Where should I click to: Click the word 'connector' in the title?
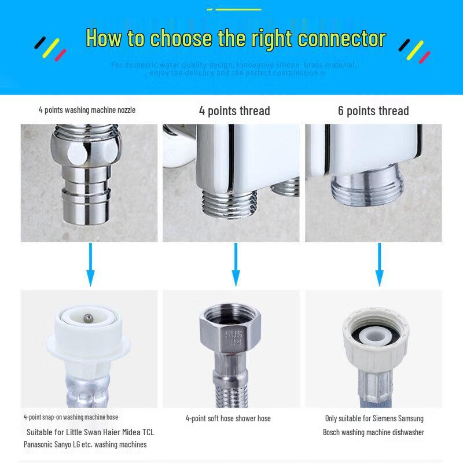click(341, 39)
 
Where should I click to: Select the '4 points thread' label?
click(234, 111)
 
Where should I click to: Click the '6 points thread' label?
click(373, 111)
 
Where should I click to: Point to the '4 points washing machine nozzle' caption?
click(87, 109)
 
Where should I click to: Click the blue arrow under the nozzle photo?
click(90, 264)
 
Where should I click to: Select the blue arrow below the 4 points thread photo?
click(235, 264)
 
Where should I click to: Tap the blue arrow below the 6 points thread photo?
click(379, 264)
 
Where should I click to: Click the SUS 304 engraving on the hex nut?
click(230, 338)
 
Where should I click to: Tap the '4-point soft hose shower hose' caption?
click(228, 418)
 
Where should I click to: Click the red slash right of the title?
click(425, 57)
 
